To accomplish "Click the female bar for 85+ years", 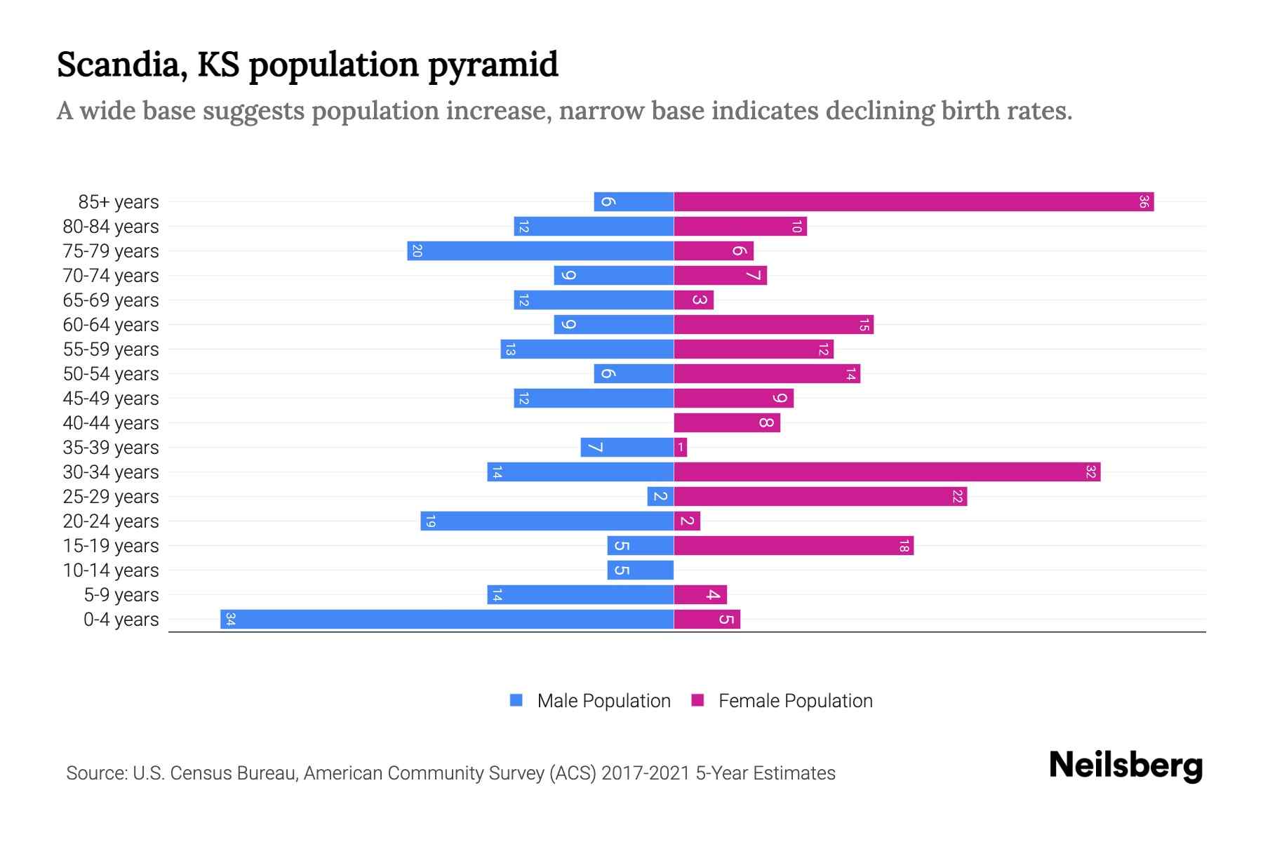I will [x=912, y=202].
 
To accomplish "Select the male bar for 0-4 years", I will [x=447, y=620].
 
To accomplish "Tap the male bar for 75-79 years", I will [x=540, y=251].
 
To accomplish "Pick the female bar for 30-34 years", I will [x=886, y=472].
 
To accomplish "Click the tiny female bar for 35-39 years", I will [x=681, y=448].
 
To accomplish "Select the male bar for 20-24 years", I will [x=547, y=521].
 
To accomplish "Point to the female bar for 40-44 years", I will [x=726, y=423].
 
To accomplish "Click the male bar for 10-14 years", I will [x=641, y=570].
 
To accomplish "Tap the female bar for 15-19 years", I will [x=793, y=546].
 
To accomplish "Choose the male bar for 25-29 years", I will [x=660, y=497].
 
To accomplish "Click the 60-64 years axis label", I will [x=111, y=325].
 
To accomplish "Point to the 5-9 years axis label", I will [x=121, y=595].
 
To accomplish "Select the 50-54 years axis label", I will [x=111, y=374].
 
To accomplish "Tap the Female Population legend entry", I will [x=794, y=701].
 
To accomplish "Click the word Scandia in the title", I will [x=121, y=65].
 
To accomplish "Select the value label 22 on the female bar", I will [x=957, y=497].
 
